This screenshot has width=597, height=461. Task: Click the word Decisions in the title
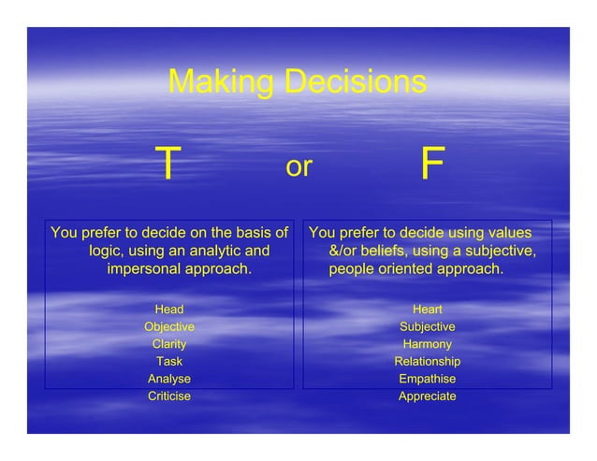(x=351, y=82)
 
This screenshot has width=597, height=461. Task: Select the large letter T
(x=167, y=166)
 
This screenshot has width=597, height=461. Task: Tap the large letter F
(x=431, y=166)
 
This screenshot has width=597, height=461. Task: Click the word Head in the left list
(x=169, y=310)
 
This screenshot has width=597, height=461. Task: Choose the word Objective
(x=169, y=327)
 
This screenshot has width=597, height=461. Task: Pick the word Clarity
(x=169, y=344)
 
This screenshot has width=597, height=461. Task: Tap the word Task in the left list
(x=169, y=362)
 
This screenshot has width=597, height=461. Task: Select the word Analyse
(x=169, y=379)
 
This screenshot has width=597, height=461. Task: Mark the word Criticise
(x=169, y=396)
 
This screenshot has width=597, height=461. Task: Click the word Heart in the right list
(x=428, y=310)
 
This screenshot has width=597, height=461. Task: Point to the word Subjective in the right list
(x=428, y=327)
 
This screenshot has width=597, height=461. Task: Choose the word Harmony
(x=428, y=344)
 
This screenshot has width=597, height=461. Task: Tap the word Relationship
(x=428, y=362)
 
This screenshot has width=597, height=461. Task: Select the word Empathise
(x=428, y=379)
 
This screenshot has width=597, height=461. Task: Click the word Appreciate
(x=428, y=396)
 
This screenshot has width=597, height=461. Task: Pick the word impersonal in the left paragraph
(x=147, y=270)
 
